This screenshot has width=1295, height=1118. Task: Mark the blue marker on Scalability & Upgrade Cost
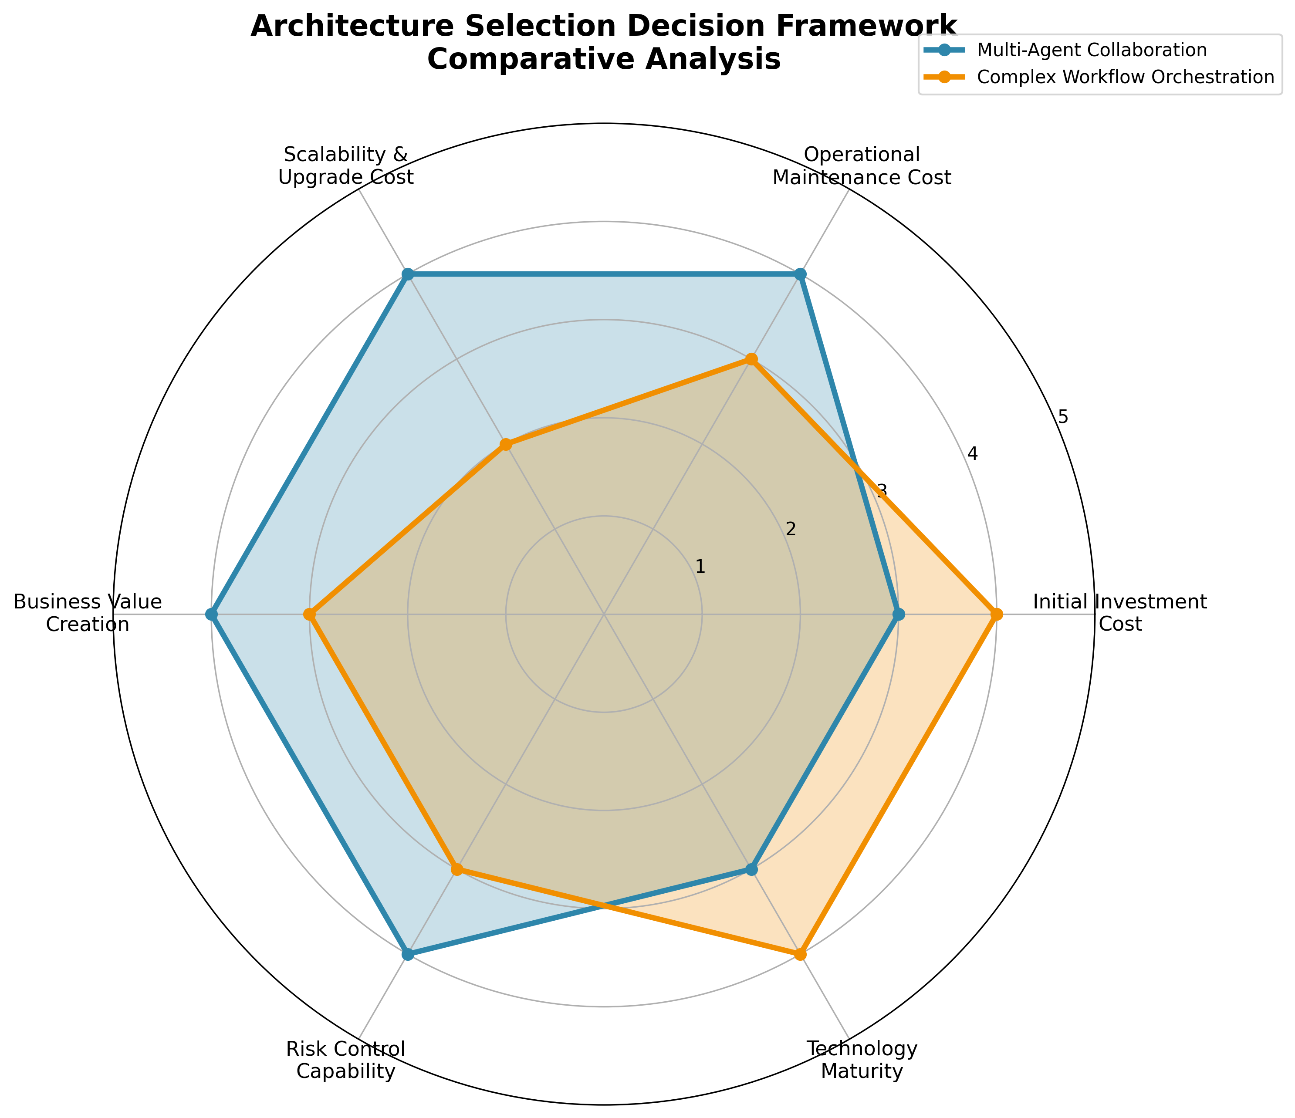tap(408, 274)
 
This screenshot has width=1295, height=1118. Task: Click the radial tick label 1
tap(700, 567)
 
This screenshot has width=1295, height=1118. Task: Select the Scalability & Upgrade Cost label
tap(345, 166)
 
